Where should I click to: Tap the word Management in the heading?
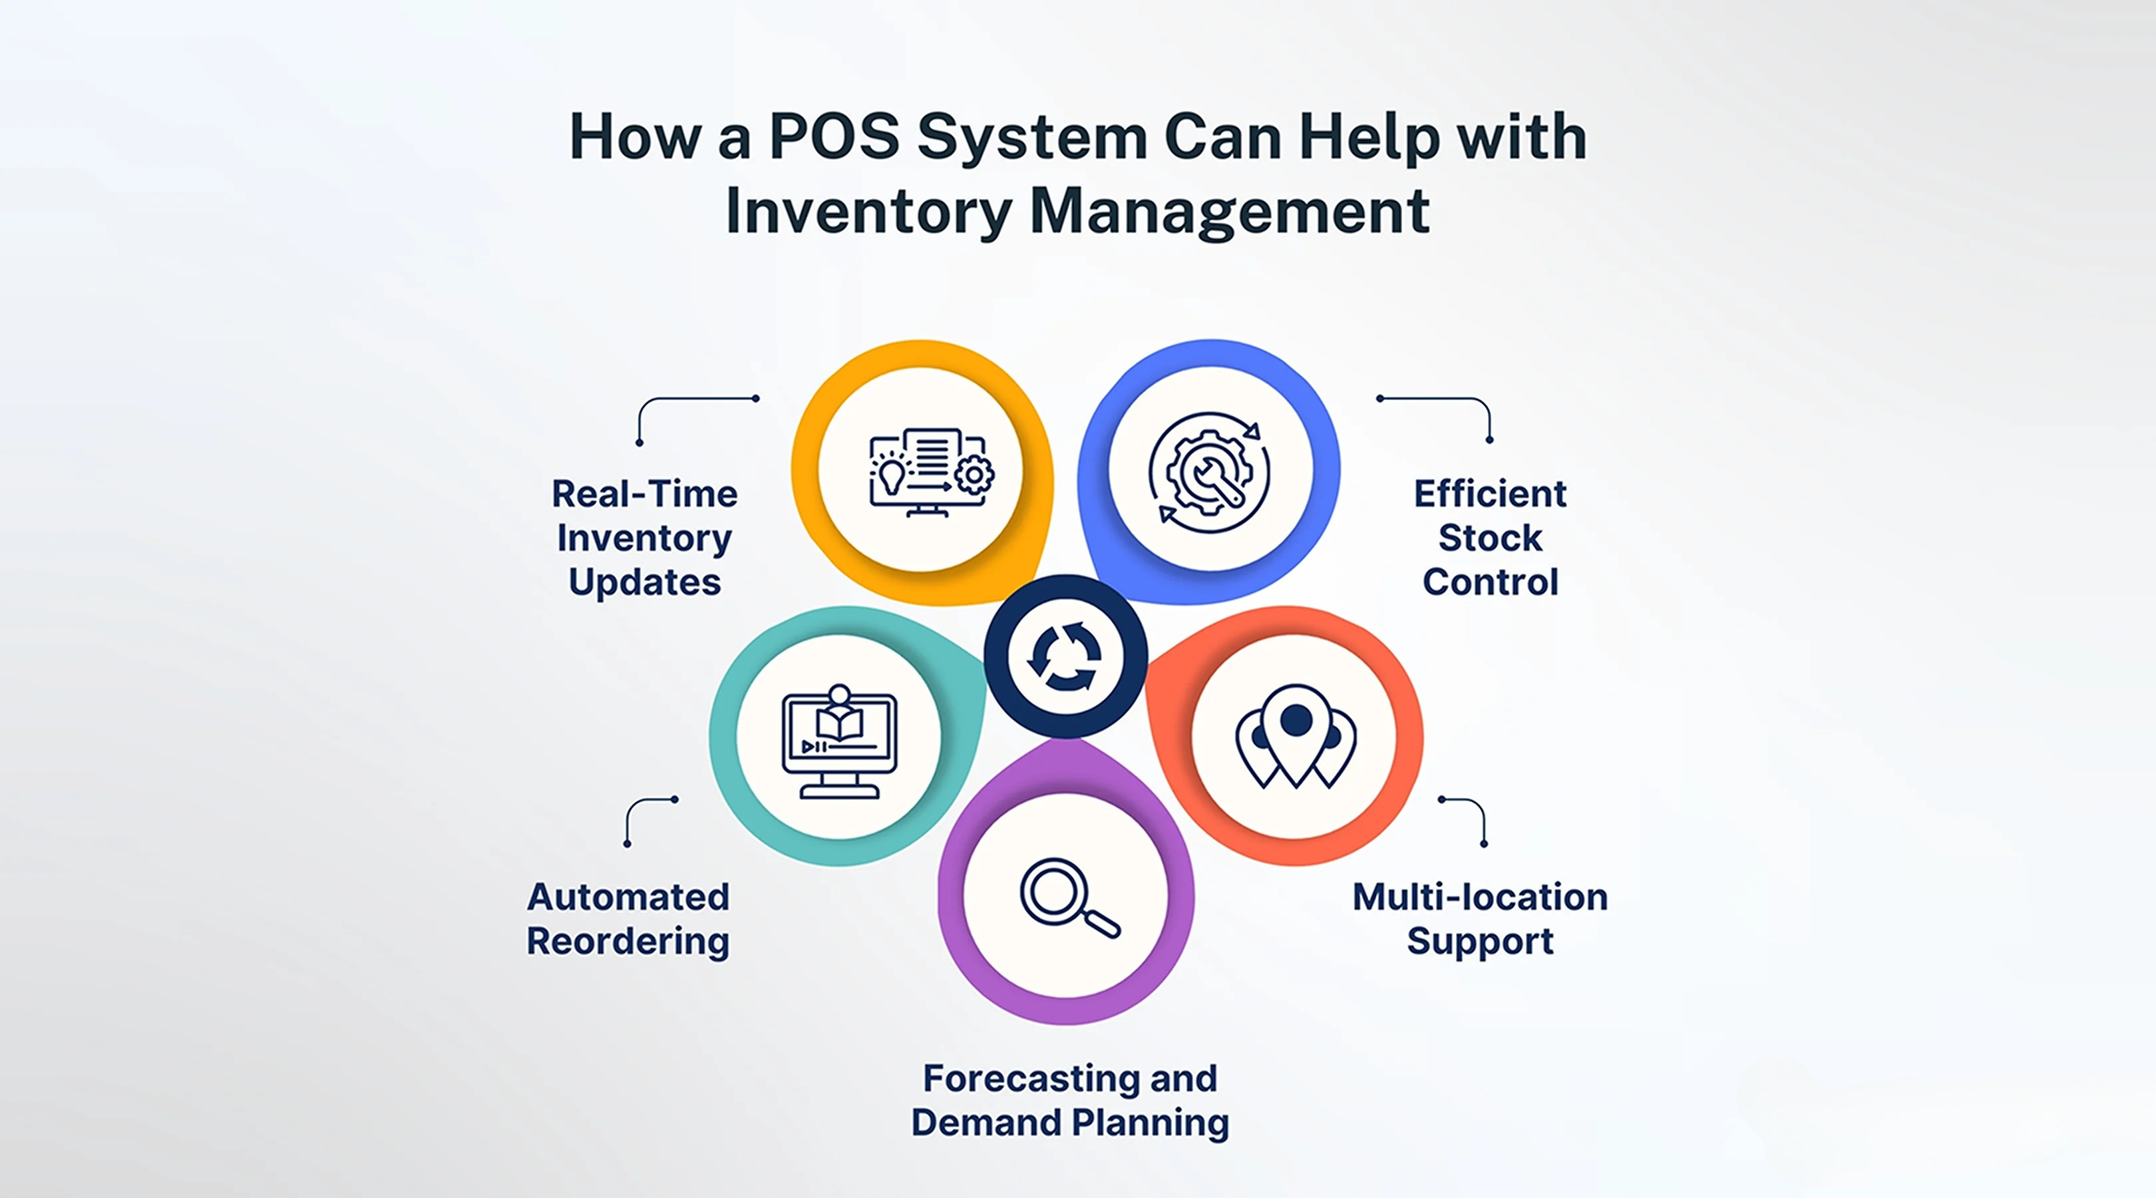(x=1228, y=211)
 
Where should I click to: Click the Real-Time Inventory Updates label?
(x=644, y=538)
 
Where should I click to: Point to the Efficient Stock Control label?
(x=1490, y=538)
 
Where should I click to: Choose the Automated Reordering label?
(x=628, y=918)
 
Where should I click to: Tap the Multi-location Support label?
(x=1480, y=918)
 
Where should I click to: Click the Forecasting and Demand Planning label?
(x=1069, y=1099)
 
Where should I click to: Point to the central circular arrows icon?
(x=1065, y=656)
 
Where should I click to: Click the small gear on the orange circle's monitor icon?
(x=974, y=475)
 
